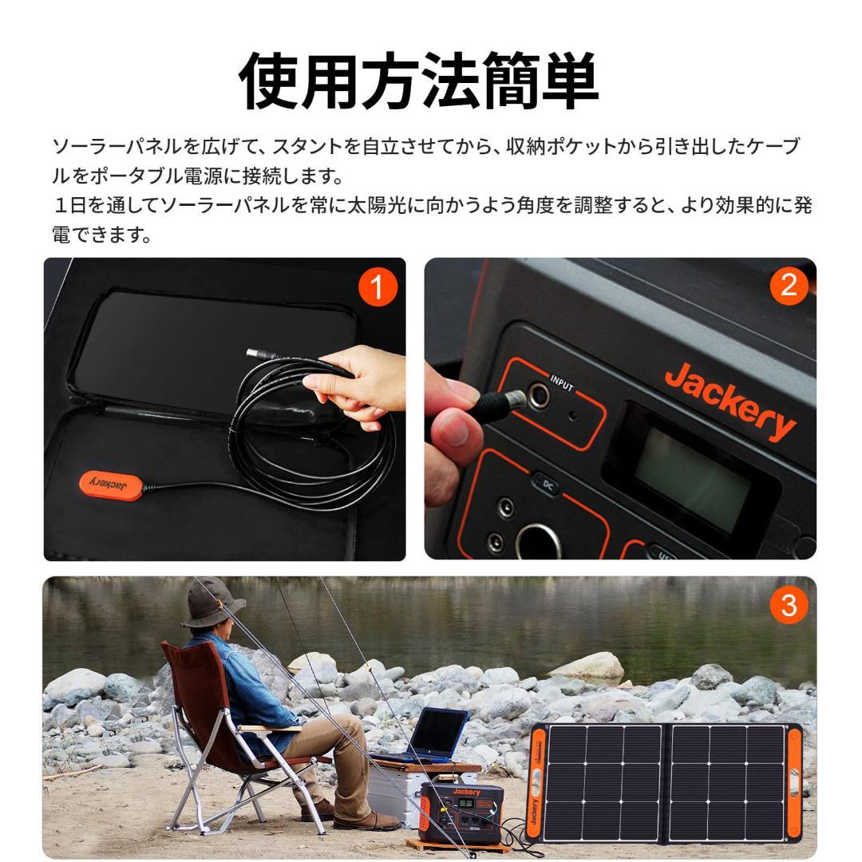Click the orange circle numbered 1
(x=378, y=287)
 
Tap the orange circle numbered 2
(x=788, y=286)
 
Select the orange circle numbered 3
(x=788, y=605)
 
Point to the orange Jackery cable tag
(x=110, y=483)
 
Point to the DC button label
(x=547, y=484)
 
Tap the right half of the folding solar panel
(x=727, y=782)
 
